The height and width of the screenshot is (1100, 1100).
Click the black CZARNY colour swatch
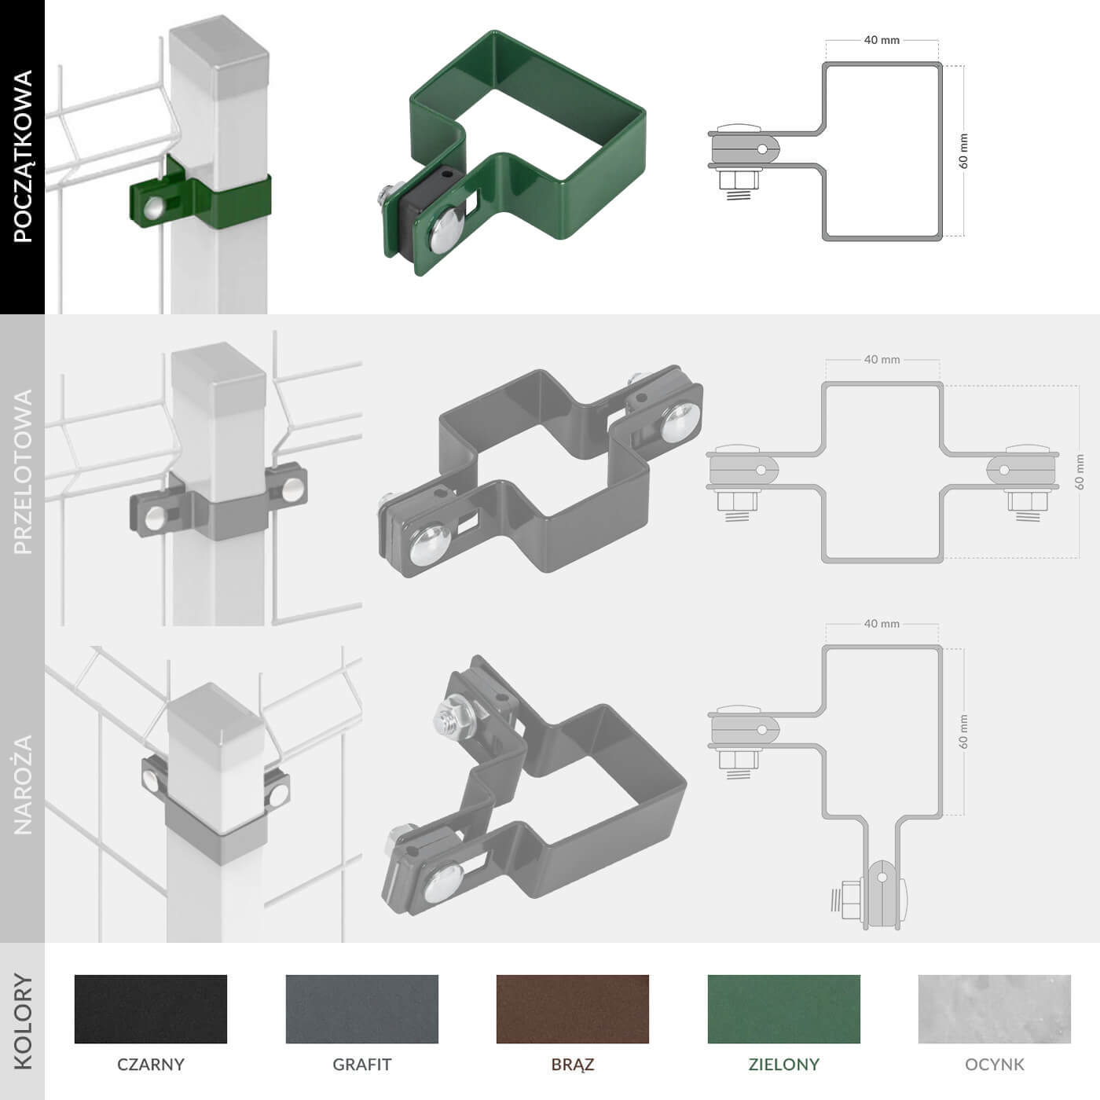point(151,1009)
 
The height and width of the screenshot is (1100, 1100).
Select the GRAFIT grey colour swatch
point(362,1009)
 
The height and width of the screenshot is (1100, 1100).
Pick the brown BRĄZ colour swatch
point(573,1009)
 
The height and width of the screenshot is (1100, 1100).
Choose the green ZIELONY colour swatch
point(784,1009)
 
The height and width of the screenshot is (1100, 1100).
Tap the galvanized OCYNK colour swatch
point(995,1009)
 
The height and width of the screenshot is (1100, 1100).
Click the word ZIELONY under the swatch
point(784,1064)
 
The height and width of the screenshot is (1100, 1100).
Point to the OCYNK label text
point(995,1064)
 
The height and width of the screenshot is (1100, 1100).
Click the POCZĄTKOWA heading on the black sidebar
point(23,156)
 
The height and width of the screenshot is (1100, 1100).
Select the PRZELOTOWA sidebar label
point(23,471)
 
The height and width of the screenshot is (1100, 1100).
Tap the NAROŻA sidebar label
point(23,785)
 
